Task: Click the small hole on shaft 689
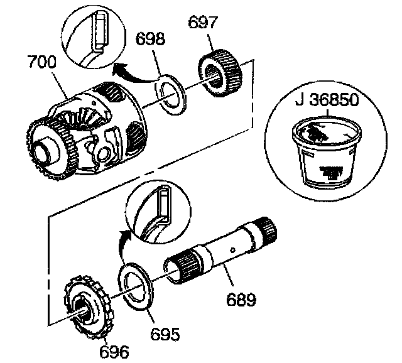233,249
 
